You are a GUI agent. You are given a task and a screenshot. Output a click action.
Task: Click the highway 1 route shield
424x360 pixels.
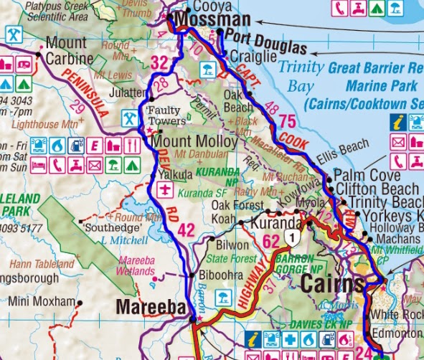click(291, 236)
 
